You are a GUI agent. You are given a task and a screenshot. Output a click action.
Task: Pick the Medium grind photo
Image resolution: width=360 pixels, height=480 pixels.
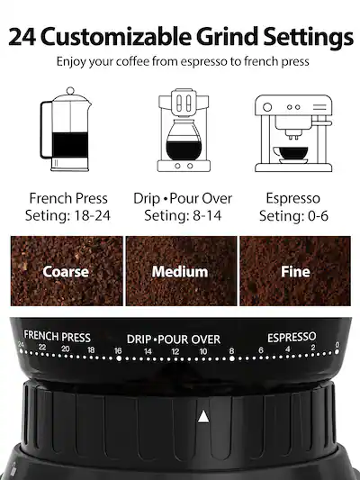[x=180, y=271]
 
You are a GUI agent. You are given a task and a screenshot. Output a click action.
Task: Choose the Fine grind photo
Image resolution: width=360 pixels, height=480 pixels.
[x=295, y=271]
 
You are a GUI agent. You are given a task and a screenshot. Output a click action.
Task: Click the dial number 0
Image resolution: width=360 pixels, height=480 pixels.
[x=337, y=346]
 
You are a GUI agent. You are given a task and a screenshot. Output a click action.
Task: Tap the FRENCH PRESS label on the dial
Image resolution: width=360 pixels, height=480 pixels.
[x=58, y=335]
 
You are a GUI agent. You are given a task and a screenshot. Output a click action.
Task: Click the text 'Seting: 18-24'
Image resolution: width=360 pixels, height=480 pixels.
[x=68, y=216]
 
